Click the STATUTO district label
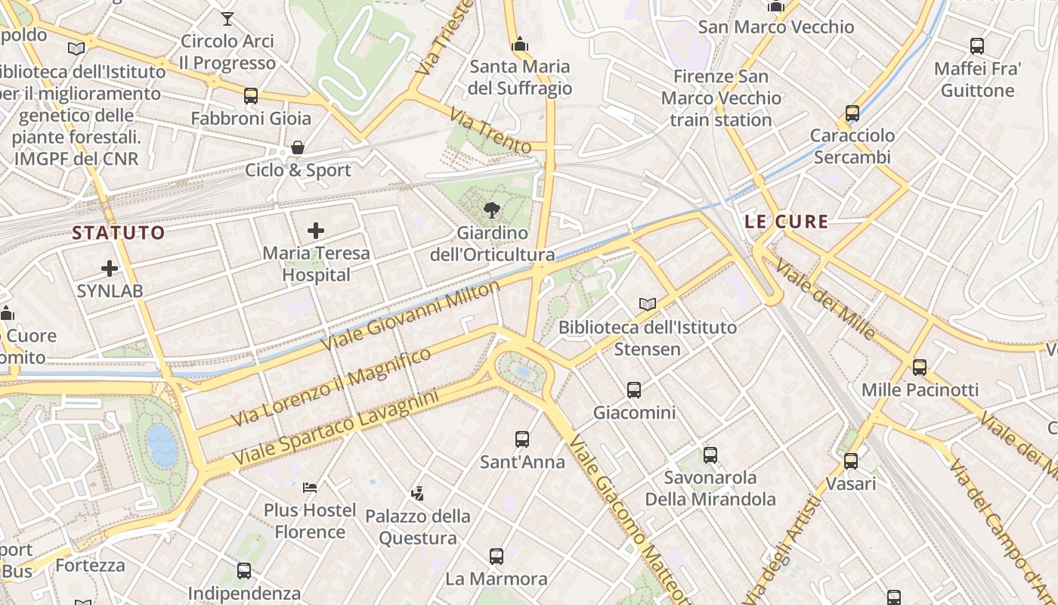click(119, 233)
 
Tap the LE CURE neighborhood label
click(787, 222)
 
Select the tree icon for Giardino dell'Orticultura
click(492, 209)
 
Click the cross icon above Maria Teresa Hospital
click(316, 231)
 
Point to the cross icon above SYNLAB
click(110, 268)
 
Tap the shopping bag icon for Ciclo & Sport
click(298, 147)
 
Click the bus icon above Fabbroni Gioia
click(251, 96)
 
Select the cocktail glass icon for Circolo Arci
click(227, 19)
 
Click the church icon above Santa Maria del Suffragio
click(519, 45)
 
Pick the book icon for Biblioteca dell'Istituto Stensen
click(647, 304)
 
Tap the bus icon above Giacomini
click(634, 390)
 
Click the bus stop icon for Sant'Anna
click(522, 439)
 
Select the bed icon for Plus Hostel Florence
click(310, 488)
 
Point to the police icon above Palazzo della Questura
click(417, 494)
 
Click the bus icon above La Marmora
click(497, 557)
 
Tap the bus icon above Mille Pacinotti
click(920, 368)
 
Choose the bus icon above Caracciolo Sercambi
click(852, 113)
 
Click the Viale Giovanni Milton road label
click(410, 315)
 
